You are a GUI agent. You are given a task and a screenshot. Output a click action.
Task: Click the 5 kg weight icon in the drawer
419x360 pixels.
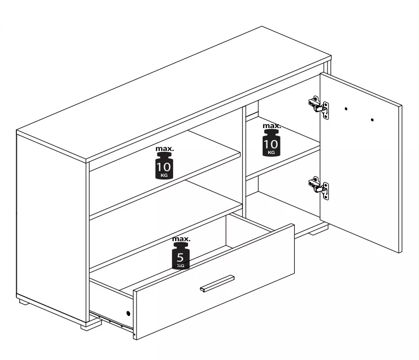(181, 256)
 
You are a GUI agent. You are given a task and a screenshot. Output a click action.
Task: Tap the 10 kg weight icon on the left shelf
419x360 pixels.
(164, 166)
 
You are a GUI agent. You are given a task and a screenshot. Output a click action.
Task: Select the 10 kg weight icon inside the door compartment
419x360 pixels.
(271, 143)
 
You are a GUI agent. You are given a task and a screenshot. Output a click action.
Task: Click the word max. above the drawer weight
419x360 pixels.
(181, 239)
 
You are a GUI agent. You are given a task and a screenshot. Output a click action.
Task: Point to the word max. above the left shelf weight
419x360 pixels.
(165, 149)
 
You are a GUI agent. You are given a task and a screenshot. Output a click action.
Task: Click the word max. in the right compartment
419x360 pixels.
(272, 126)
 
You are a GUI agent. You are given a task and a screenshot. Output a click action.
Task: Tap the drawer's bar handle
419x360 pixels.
(217, 284)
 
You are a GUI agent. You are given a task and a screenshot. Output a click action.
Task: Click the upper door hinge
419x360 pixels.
(319, 107)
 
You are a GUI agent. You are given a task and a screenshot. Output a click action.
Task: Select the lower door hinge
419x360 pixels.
(319, 188)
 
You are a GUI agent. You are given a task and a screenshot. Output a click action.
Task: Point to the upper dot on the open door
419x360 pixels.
(346, 109)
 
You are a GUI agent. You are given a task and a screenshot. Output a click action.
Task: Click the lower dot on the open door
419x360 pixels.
(372, 120)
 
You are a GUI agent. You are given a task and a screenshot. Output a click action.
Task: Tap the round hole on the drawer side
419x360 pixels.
(128, 313)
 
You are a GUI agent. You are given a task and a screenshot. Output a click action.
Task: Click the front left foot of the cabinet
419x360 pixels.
(91, 325)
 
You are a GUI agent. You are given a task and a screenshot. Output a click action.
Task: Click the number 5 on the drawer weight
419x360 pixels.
(181, 258)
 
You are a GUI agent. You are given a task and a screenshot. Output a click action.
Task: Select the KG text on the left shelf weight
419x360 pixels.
(164, 175)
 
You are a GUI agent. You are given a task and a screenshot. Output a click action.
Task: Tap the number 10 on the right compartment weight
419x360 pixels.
(271, 144)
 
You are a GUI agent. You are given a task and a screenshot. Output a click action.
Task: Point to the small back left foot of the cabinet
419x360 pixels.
(24, 302)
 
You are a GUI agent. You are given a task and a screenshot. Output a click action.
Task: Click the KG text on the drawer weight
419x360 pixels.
(181, 266)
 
